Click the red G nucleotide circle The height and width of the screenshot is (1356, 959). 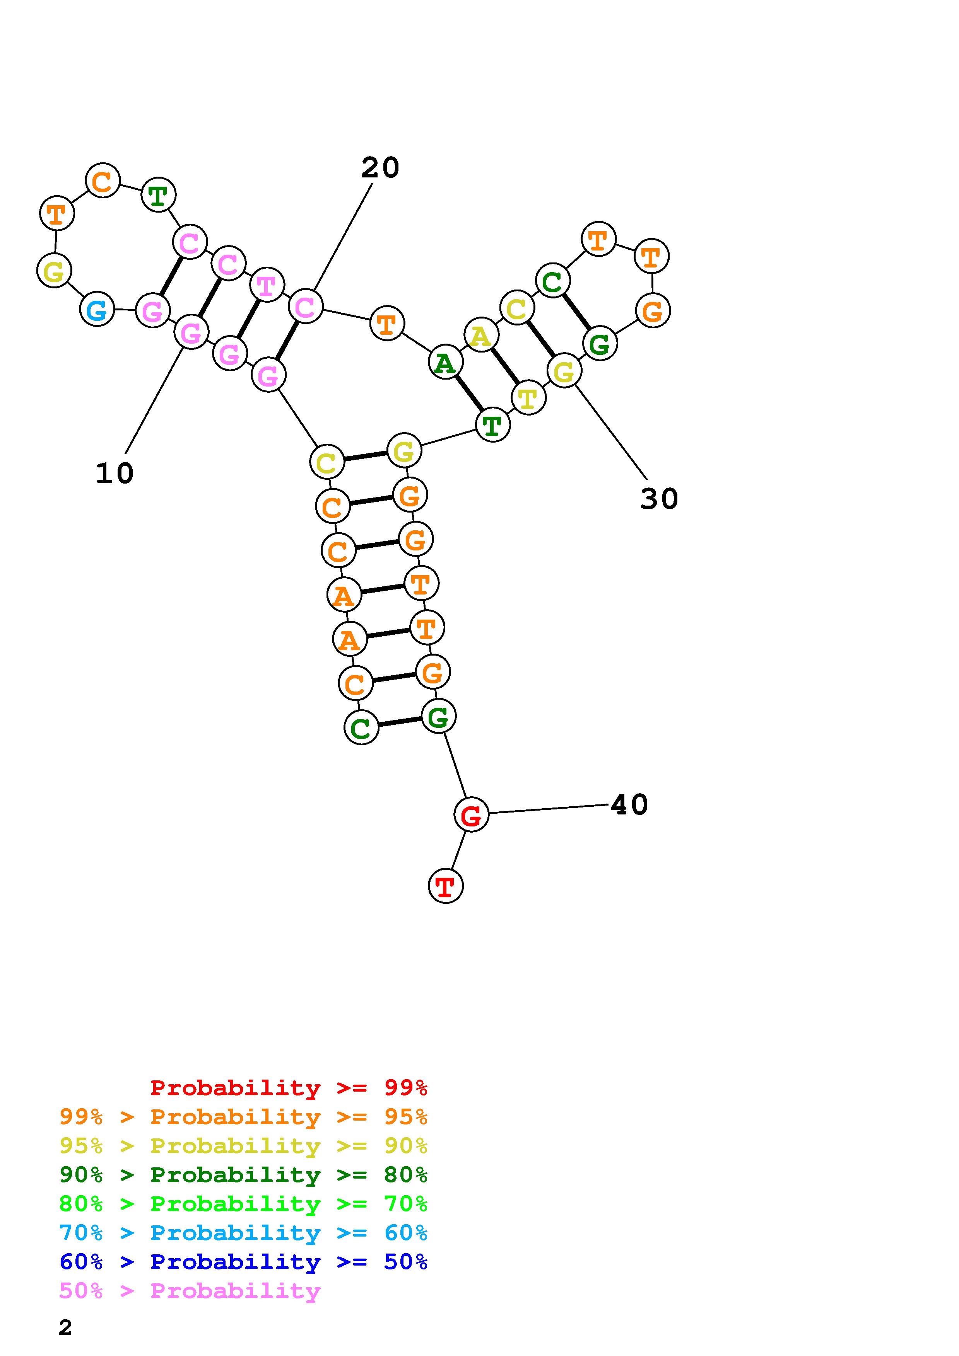(471, 814)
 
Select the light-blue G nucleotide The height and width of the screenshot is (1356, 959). (97, 309)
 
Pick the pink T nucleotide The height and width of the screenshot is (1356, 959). (267, 284)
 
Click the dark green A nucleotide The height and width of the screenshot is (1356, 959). (446, 362)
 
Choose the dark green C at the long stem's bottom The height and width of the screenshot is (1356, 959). (361, 727)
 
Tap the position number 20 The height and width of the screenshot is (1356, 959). (380, 168)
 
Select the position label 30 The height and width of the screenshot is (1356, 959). (659, 499)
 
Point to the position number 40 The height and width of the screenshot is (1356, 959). (629, 804)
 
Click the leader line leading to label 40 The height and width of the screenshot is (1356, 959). (548, 809)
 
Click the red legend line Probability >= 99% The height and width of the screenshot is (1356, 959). (289, 1088)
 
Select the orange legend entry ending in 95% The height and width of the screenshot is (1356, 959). (243, 1117)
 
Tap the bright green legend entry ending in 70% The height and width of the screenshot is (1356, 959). (243, 1204)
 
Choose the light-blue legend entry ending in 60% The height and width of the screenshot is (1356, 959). (243, 1233)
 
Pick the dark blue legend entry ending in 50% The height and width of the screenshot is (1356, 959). (243, 1262)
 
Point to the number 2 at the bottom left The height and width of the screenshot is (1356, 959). (66, 1327)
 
